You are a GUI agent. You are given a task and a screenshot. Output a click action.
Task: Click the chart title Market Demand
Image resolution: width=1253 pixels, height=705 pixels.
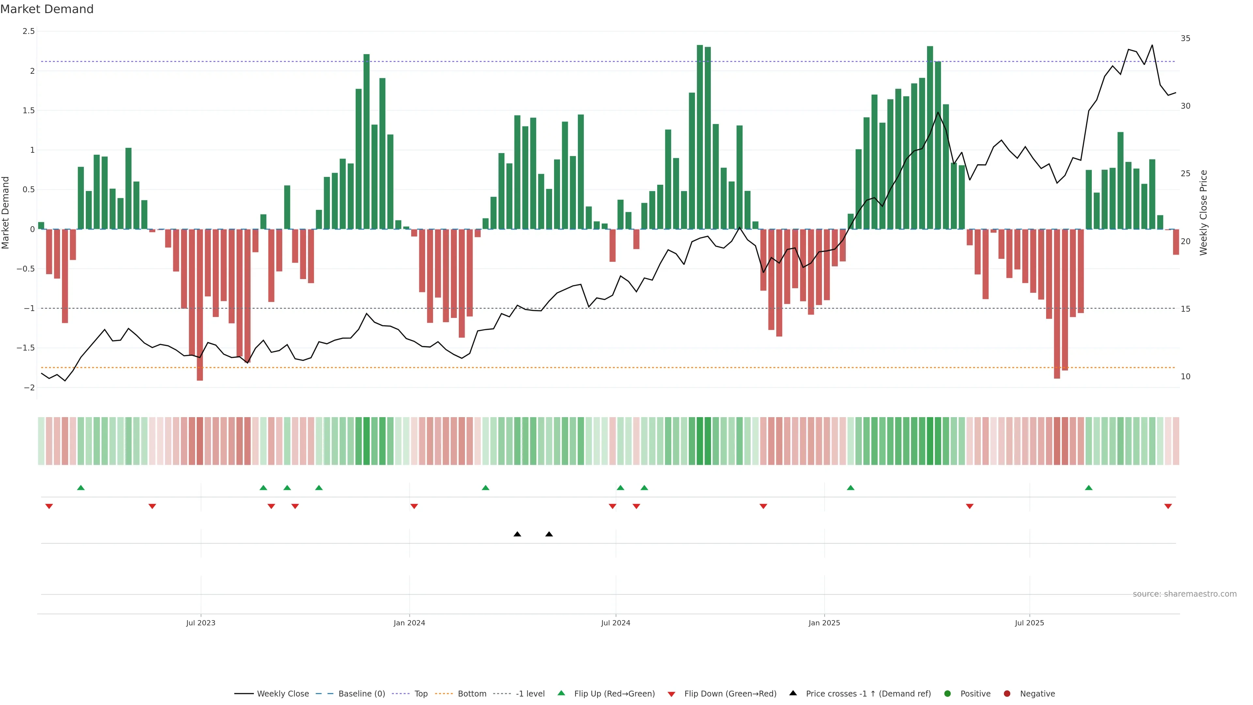47,9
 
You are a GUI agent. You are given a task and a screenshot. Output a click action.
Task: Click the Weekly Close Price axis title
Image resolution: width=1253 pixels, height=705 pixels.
1203,212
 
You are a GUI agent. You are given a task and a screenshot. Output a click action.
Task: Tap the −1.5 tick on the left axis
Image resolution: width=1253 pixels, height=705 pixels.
25,348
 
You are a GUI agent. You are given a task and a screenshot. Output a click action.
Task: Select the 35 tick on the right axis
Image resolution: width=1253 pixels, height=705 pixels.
1185,39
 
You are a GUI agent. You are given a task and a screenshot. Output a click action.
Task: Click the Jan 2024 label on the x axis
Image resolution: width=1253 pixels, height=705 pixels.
409,623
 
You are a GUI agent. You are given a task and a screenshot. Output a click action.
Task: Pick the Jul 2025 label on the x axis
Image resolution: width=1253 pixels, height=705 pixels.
1029,623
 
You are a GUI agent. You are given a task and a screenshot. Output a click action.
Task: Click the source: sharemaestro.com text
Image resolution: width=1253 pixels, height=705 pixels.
1184,594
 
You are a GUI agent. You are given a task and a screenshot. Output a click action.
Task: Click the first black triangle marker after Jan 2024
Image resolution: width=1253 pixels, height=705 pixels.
517,534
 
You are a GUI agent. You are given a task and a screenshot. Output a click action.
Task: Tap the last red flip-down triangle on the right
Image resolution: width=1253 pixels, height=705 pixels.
1168,507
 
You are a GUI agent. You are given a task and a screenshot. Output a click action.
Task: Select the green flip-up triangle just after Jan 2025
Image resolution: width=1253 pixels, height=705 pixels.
850,488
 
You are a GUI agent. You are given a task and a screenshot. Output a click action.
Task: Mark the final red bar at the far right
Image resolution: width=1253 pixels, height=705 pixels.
1176,242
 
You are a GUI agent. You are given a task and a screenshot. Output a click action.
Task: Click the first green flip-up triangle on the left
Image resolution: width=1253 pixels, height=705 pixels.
81,488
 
